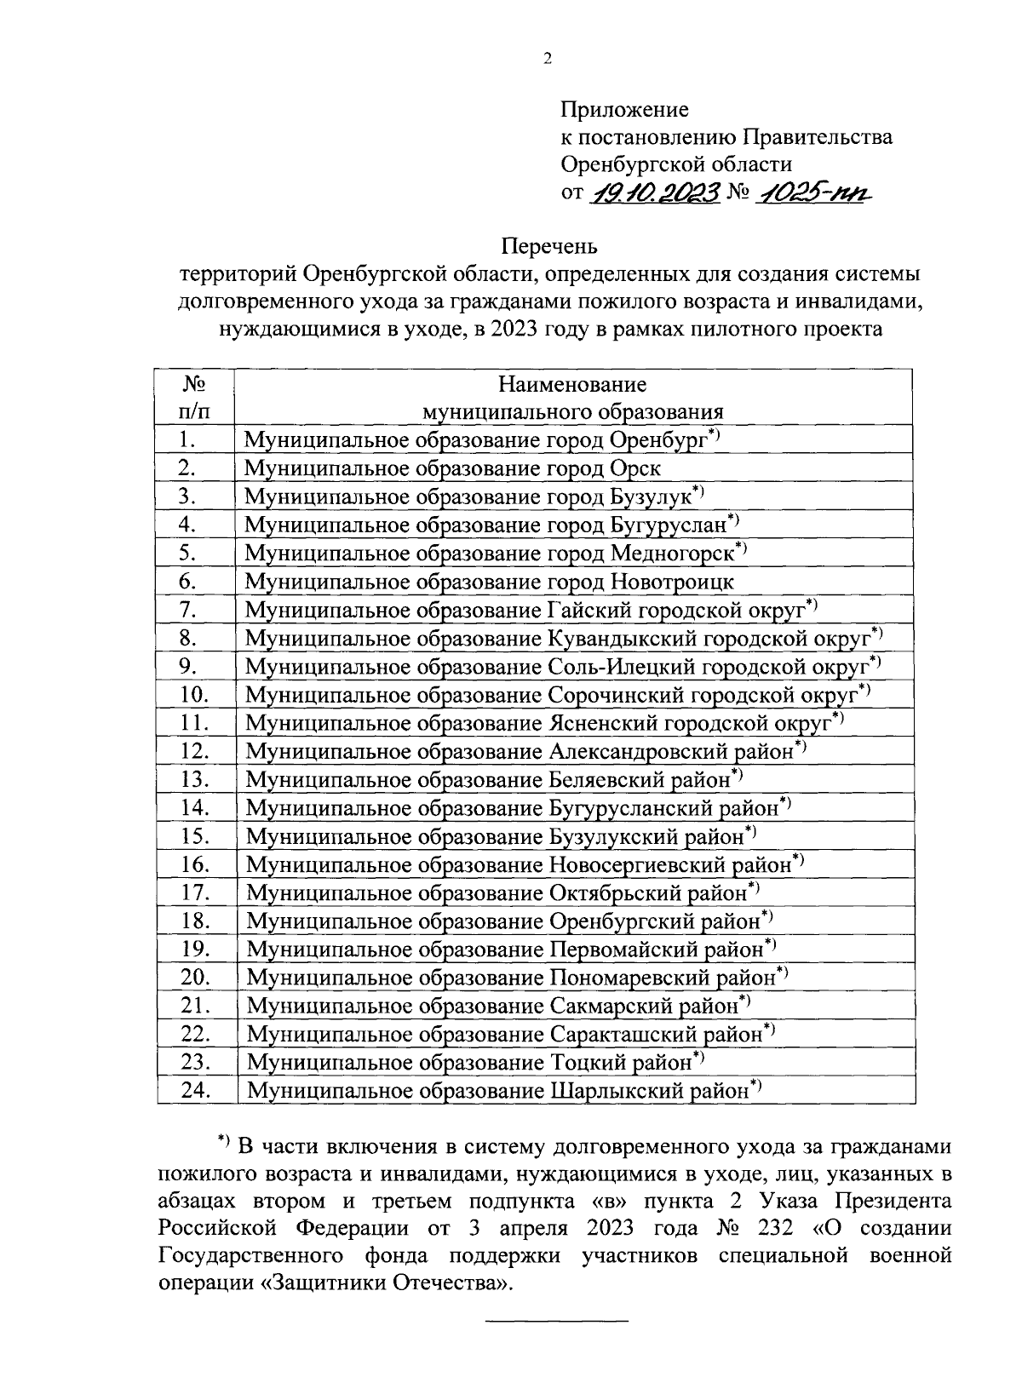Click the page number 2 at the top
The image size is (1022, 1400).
[547, 59]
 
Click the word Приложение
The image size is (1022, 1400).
[624, 109]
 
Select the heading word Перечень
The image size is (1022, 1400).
[549, 247]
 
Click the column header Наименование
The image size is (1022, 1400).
[572, 384]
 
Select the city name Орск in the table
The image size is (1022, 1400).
[635, 468]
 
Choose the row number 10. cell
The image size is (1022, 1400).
[195, 694]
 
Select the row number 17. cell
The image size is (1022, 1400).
[195, 892]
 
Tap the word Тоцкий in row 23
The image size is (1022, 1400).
[580, 1062]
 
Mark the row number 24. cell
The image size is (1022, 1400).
[195, 1089]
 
